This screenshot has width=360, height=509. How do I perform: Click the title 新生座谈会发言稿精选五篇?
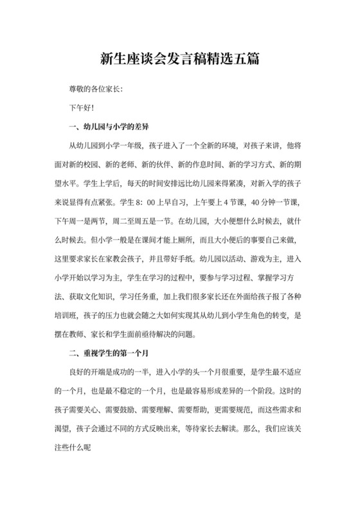pos(180,58)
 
